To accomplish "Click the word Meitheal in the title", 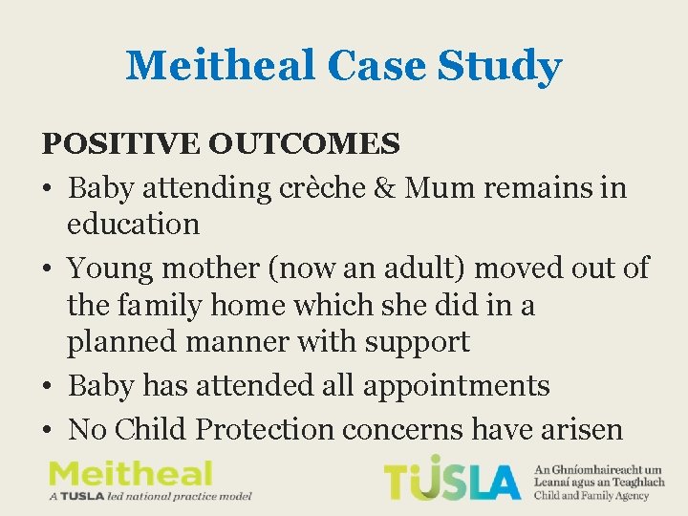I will coord(219,66).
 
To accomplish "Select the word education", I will coord(133,225).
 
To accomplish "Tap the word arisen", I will coord(576,429).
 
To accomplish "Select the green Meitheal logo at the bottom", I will coord(131,473).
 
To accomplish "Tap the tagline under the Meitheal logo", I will coord(149,497).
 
